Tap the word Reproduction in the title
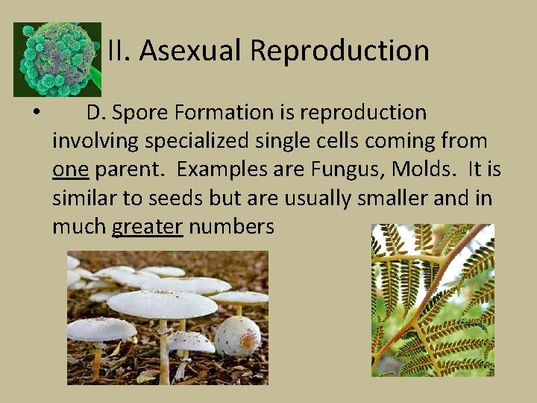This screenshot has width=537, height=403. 339,51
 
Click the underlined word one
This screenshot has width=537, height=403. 71,169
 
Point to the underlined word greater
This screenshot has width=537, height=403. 147,226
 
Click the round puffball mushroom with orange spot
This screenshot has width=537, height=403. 237,335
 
